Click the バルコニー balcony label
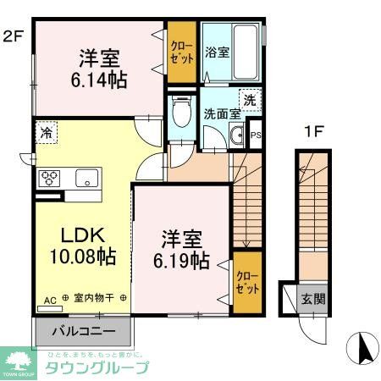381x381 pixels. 83,330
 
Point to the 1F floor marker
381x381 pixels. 314,133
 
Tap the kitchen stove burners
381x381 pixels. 50,178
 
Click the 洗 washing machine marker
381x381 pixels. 250,99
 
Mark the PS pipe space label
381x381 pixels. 255,135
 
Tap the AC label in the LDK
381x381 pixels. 49,299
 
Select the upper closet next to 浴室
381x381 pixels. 180,52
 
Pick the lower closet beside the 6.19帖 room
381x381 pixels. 246,281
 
